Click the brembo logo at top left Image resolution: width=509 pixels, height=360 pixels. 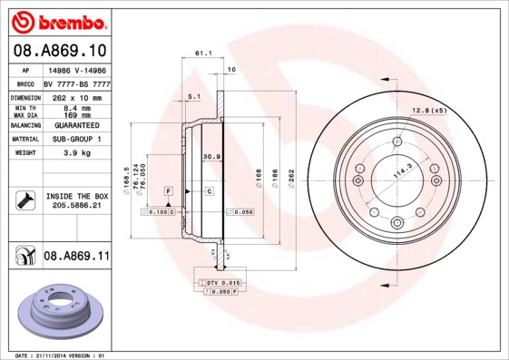(x=59, y=21)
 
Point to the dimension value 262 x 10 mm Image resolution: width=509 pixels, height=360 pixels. (x=76, y=97)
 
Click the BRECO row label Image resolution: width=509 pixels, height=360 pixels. (x=26, y=83)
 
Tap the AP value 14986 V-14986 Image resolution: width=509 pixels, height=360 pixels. (x=76, y=69)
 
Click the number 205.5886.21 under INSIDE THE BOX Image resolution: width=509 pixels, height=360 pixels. (x=76, y=206)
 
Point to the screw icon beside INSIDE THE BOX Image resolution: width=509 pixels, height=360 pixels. (x=25, y=200)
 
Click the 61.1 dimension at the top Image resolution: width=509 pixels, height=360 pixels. (x=203, y=54)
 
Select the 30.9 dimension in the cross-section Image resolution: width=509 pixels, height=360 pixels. (x=210, y=156)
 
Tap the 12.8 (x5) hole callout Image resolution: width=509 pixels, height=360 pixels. (x=430, y=111)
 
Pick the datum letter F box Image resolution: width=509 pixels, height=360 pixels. (x=168, y=191)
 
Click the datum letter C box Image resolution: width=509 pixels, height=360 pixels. (x=208, y=191)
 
